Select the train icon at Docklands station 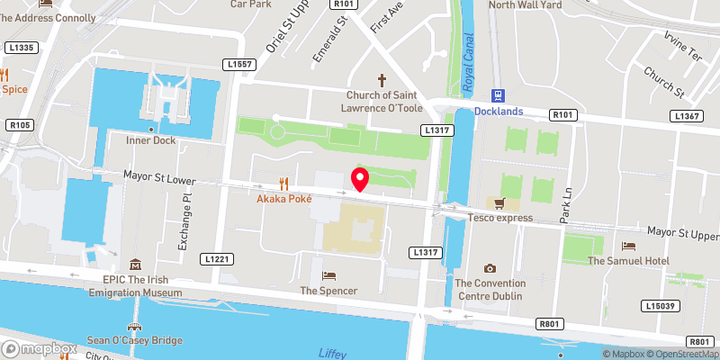click(x=496, y=95)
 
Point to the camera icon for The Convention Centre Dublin click(x=490, y=268)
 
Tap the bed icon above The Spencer click(x=328, y=275)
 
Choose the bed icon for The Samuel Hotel click(x=628, y=246)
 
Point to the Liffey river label click(x=333, y=353)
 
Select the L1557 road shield click(x=240, y=65)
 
